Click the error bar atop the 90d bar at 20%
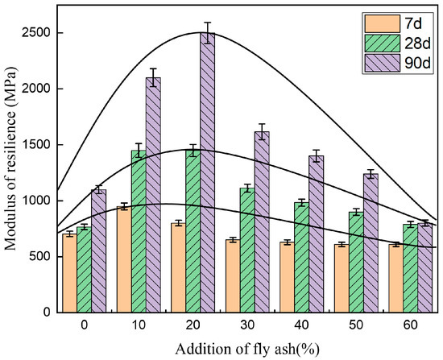tap(208, 33)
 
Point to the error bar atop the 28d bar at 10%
tap(139, 151)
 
